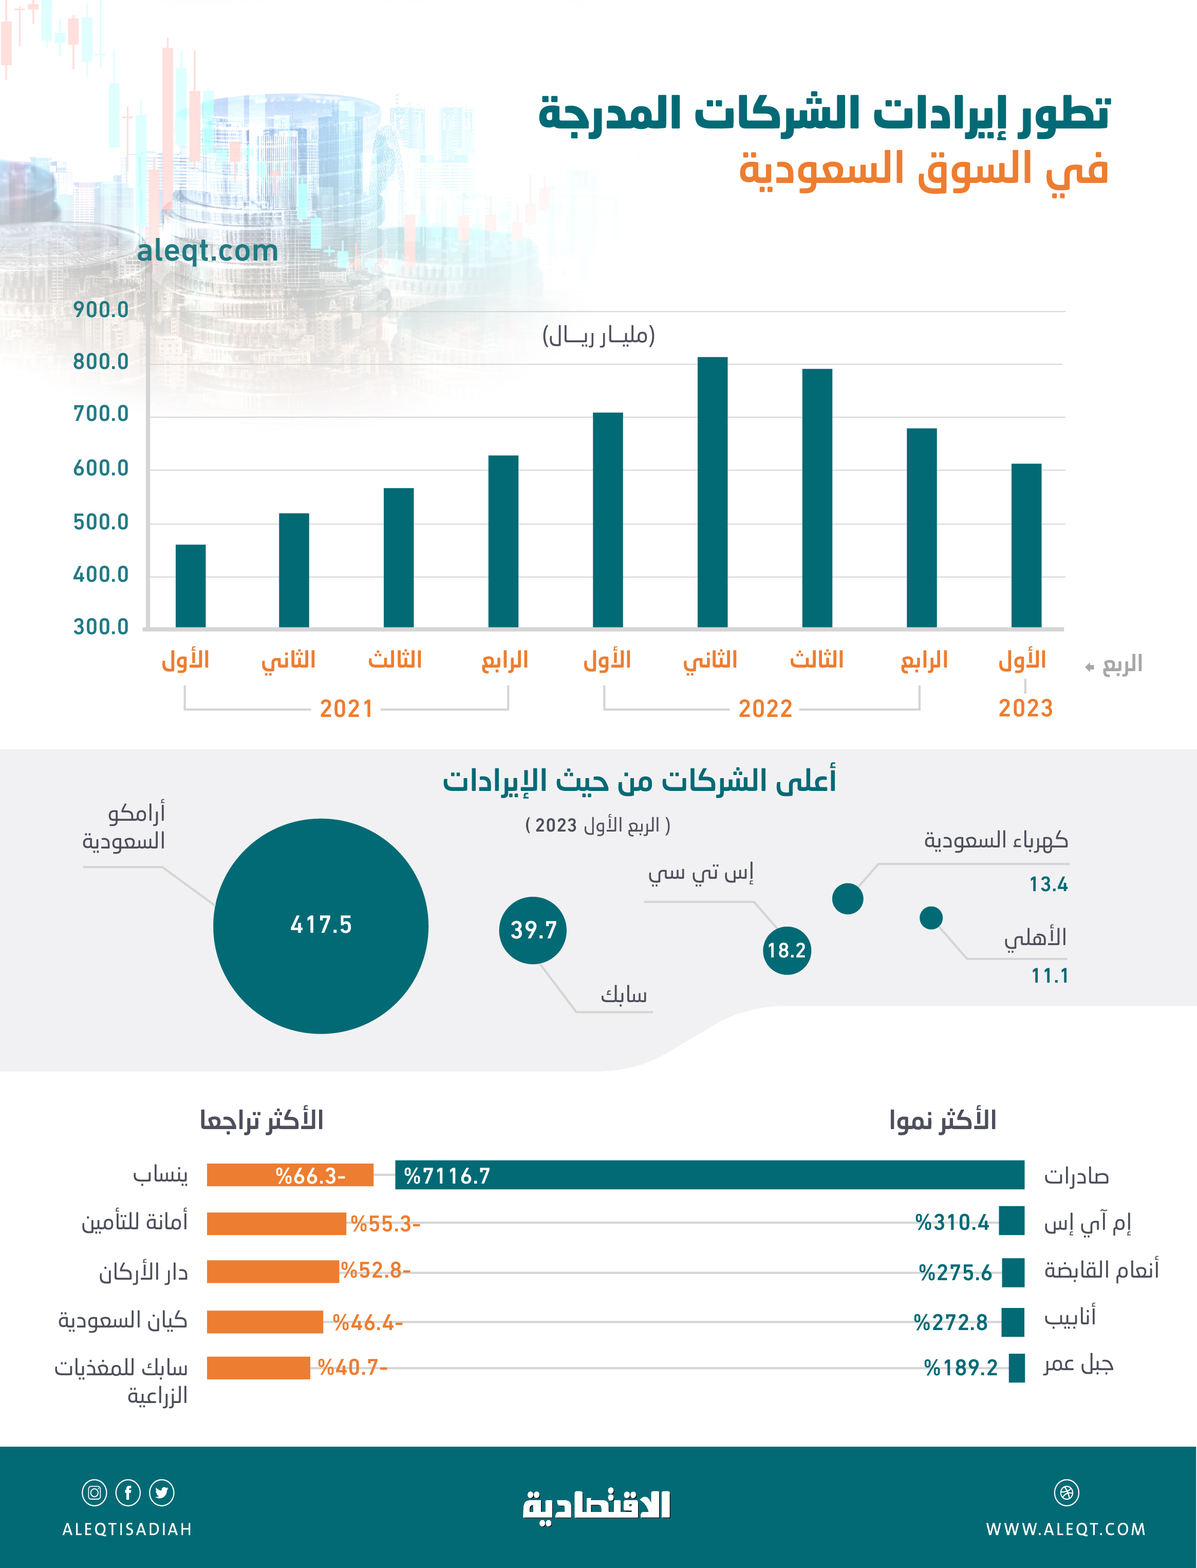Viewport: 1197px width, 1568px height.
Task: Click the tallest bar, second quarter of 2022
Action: [x=713, y=492]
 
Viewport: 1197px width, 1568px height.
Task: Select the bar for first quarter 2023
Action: [x=1026, y=545]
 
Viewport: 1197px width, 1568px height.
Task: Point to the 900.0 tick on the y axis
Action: [x=101, y=310]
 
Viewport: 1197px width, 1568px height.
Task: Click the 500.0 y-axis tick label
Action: [x=101, y=523]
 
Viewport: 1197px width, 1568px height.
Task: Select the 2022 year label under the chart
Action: [x=765, y=708]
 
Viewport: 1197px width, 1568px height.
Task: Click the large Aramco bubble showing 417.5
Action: [x=321, y=926]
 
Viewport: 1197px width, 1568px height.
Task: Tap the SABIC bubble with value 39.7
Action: [x=533, y=930]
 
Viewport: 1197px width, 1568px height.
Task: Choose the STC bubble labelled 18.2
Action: [x=787, y=950]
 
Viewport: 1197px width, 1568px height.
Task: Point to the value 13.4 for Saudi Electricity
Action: [x=1048, y=884]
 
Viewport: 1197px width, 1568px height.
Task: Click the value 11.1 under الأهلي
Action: [x=1050, y=976]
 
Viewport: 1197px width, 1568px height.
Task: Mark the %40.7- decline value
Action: [x=352, y=1368]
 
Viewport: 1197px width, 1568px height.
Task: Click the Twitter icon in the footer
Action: [x=162, y=1492]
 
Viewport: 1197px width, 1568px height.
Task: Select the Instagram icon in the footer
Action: [x=94, y=1492]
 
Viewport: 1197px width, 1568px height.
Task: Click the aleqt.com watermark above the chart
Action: [x=208, y=251]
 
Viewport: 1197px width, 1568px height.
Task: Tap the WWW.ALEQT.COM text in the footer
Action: [x=1065, y=1529]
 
